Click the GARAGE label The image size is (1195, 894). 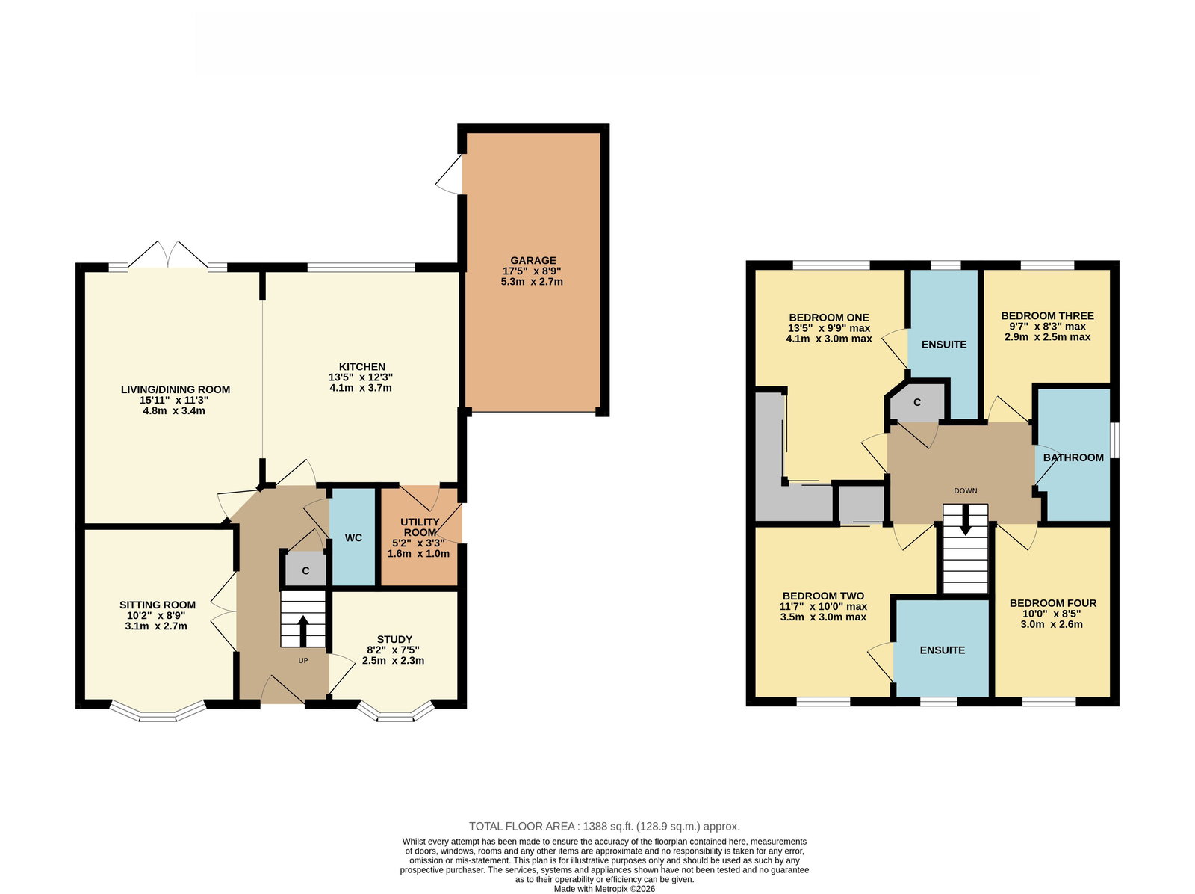[x=533, y=260]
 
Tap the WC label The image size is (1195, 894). [x=353, y=537]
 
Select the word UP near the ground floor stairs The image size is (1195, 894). [x=303, y=660]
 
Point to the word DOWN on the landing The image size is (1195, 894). [x=965, y=490]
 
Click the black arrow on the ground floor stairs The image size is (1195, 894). [x=302, y=631]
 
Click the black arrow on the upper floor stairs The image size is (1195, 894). [x=965, y=520]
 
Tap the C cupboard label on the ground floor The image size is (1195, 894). [x=306, y=571]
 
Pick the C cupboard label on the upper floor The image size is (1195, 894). [x=917, y=402]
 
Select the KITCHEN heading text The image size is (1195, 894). [x=362, y=366]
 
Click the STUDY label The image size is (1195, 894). [x=394, y=639]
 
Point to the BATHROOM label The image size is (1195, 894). [x=1073, y=457]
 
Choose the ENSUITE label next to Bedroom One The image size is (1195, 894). [x=944, y=345]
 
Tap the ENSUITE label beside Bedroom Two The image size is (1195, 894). [x=943, y=650]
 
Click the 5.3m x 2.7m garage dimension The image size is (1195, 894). [x=532, y=282]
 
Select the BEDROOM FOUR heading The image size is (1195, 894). [x=1053, y=603]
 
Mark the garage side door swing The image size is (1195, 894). [x=449, y=174]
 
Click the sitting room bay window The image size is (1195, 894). [x=158, y=712]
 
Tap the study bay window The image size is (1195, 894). [x=396, y=712]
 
